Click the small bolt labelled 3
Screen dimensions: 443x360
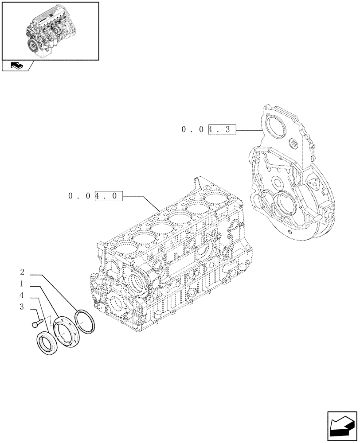tap(37, 323)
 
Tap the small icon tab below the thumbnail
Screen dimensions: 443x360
tap(17, 66)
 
